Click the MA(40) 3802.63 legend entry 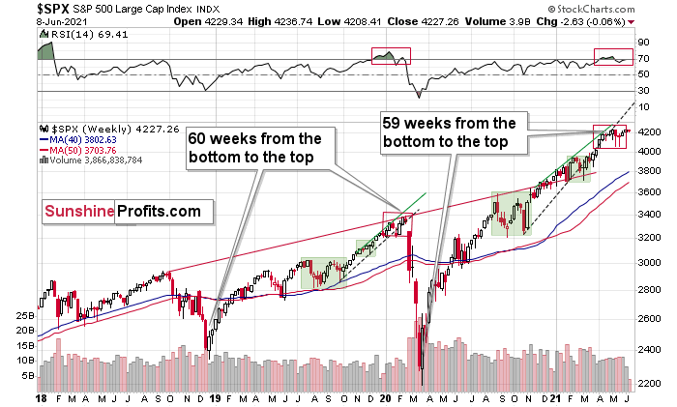click(x=81, y=139)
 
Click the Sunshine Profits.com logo click(x=121, y=211)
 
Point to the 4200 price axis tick click(x=649, y=132)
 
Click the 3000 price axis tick click(x=649, y=262)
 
